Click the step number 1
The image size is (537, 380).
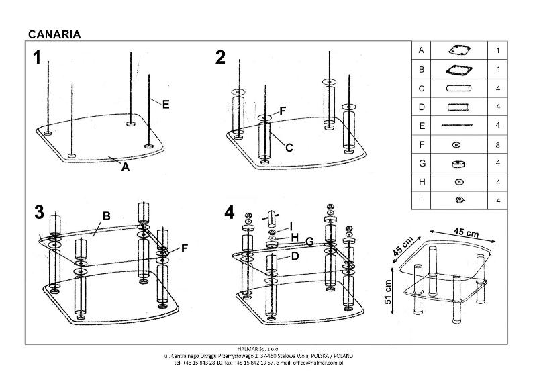38,58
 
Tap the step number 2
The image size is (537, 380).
220,58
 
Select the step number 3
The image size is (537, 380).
38,212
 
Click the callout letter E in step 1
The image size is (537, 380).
165,104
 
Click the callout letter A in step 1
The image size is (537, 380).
125,168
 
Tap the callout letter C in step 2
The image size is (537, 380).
289,148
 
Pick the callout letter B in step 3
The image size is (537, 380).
105,216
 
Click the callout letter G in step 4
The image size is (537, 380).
309,240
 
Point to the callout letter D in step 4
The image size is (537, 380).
293,256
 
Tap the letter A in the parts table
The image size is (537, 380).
421,50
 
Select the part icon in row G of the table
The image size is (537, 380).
458,162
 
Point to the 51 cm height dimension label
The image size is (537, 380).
387,291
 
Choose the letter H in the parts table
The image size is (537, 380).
421,181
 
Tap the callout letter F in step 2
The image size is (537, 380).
283,110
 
